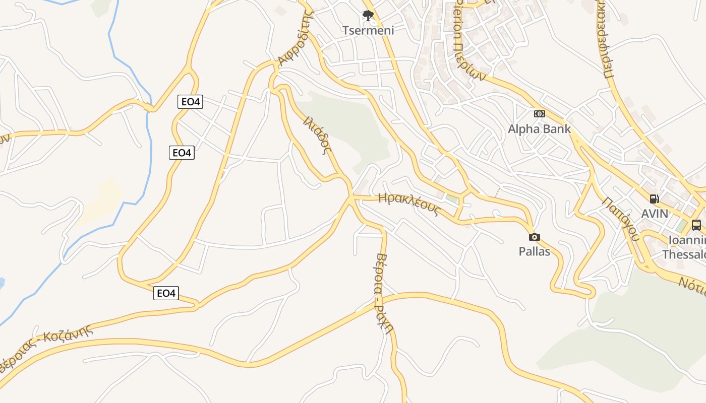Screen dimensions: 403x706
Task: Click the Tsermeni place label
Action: pyautogui.click(x=368, y=30)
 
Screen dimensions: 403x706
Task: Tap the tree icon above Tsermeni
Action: pyautogui.click(x=368, y=16)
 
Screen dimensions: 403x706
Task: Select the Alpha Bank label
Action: pyautogui.click(x=539, y=129)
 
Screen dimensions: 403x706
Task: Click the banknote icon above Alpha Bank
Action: pyautogui.click(x=539, y=114)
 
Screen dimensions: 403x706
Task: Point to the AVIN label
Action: pyautogui.click(x=654, y=214)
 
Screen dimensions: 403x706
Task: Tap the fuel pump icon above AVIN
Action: pyautogui.click(x=654, y=199)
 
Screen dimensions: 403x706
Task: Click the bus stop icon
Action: pyautogui.click(x=696, y=225)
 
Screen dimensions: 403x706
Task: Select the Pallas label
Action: pyautogui.click(x=534, y=251)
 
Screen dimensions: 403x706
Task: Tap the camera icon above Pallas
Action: pyautogui.click(x=534, y=237)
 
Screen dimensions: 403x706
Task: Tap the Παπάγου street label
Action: pyautogui.click(x=620, y=218)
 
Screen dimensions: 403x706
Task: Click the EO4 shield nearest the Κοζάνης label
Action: pyautogui.click(x=166, y=293)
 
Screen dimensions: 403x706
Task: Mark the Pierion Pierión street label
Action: pyautogui.click(x=468, y=40)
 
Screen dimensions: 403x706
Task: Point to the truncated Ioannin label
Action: pyautogui.click(x=686, y=240)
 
